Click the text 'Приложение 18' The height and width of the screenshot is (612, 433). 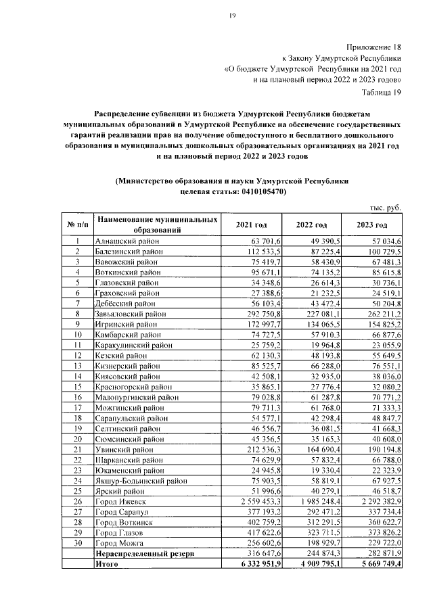pos(373,48)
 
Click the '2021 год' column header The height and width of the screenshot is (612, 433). pos(251,225)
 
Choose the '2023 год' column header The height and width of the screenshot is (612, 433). pos(372,225)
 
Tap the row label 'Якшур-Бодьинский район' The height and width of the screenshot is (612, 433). pos(140,480)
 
